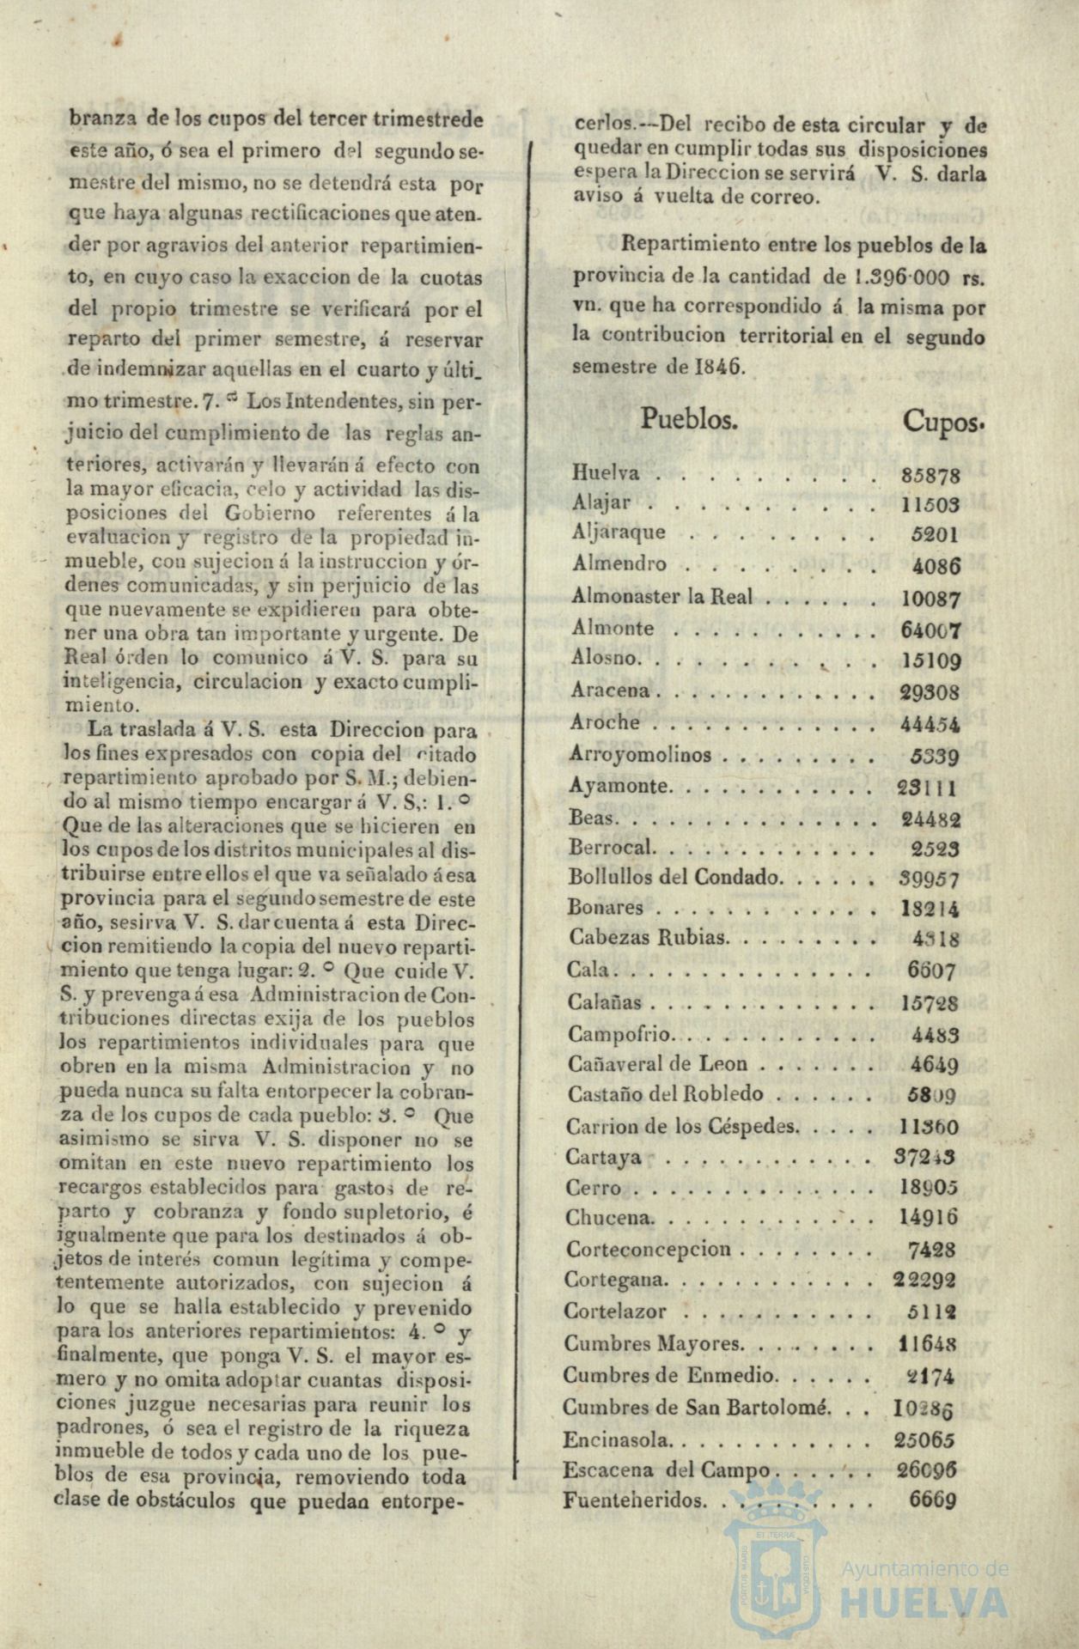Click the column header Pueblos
689,419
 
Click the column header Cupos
942,422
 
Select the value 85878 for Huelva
931,475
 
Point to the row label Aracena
610,691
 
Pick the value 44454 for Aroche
930,724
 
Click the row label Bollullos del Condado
674,877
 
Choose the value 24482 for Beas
931,819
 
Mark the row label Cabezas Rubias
647,938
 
